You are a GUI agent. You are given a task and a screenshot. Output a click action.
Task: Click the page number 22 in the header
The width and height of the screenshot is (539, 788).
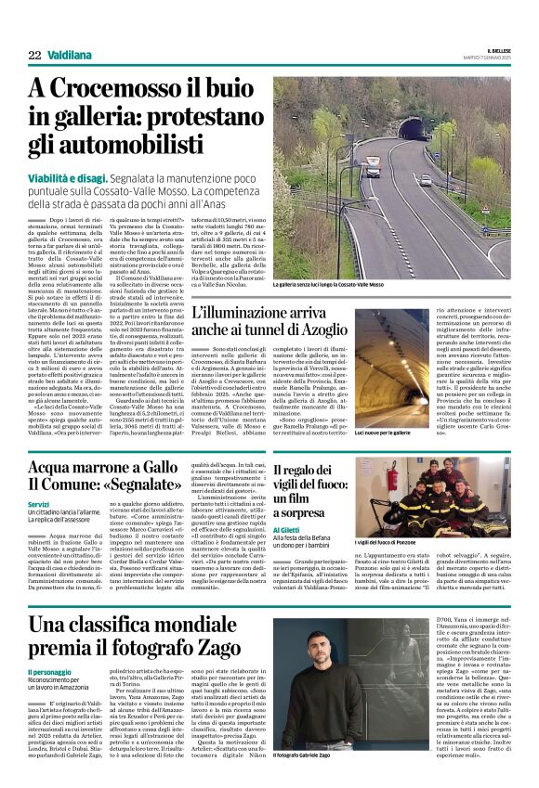tap(34, 56)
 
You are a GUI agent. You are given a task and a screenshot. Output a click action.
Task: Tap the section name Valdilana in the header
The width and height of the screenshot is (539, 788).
tap(69, 56)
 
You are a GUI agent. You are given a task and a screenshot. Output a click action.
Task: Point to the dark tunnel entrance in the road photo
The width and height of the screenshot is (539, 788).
tap(411, 128)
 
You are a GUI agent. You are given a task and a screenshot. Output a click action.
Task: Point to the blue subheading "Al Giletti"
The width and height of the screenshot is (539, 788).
tap(287, 530)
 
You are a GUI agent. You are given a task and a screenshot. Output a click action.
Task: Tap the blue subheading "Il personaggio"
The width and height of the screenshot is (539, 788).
tap(47, 670)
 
